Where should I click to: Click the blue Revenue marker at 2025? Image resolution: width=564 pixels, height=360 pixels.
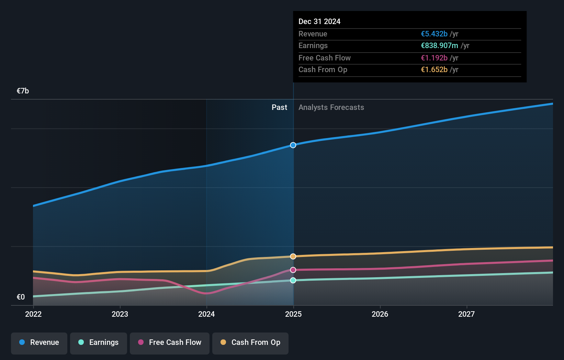(293, 145)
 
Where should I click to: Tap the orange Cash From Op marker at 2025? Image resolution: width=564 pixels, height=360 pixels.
(293, 256)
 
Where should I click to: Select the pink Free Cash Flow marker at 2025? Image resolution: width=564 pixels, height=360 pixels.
(293, 270)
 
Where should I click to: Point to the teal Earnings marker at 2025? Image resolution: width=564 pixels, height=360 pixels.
(293, 280)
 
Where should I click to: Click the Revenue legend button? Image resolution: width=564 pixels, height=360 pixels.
(39, 342)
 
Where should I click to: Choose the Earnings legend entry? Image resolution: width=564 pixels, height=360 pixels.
(99, 342)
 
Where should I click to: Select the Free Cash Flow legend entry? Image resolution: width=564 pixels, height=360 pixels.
(170, 342)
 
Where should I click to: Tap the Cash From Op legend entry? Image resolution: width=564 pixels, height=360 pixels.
(250, 342)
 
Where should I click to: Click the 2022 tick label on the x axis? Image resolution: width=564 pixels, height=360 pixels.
(33, 314)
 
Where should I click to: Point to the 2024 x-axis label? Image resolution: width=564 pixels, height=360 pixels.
(206, 314)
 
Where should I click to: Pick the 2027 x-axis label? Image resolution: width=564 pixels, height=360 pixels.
(466, 314)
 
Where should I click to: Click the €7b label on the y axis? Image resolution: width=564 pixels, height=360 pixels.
(23, 91)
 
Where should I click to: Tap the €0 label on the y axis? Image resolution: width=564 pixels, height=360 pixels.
(21, 297)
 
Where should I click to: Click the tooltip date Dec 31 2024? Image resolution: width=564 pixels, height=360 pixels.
(319, 21)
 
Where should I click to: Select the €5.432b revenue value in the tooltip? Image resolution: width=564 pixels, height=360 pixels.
(434, 34)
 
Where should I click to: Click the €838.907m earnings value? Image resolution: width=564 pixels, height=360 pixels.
(439, 45)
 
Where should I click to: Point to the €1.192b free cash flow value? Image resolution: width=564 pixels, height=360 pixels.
(434, 58)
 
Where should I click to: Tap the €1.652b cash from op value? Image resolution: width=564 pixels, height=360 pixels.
(434, 69)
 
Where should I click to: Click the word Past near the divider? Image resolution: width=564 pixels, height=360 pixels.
(279, 107)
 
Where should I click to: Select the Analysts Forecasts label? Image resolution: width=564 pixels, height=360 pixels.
(331, 107)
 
